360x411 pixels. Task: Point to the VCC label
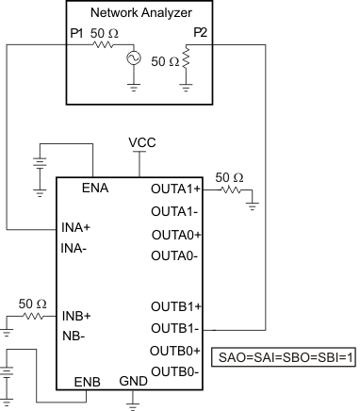tap(142, 142)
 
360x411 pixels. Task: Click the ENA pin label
tap(95, 188)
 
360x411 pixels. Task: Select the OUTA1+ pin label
tap(177, 189)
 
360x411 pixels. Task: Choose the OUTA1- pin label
tap(176, 211)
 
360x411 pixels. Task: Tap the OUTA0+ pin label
tap(177, 233)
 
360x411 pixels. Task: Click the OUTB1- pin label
tap(176, 328)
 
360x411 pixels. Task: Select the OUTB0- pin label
tap(177, 371)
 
